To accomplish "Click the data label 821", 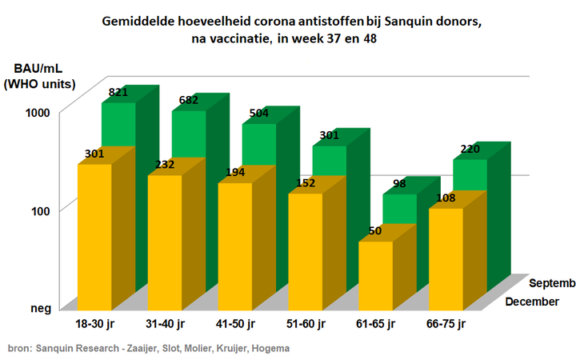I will click(118, 93).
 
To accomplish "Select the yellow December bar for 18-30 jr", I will click(94, 236).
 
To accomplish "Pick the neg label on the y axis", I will click(41, 308).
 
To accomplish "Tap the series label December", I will click(531, 302).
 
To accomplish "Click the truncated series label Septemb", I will click(552, 283).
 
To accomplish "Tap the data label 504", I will click(258, 113).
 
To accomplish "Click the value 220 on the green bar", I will click(469, 149).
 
